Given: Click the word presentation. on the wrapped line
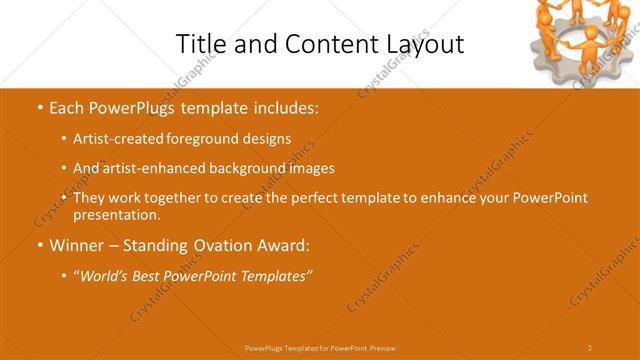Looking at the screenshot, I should click(116, 214).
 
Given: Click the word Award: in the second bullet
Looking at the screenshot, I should click(285, 244).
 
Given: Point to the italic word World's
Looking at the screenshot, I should click(104, 275).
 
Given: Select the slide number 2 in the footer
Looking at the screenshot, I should click(590, 348).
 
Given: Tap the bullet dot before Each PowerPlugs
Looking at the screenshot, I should click(39, 106).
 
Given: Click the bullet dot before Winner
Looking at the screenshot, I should click(39, 244).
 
